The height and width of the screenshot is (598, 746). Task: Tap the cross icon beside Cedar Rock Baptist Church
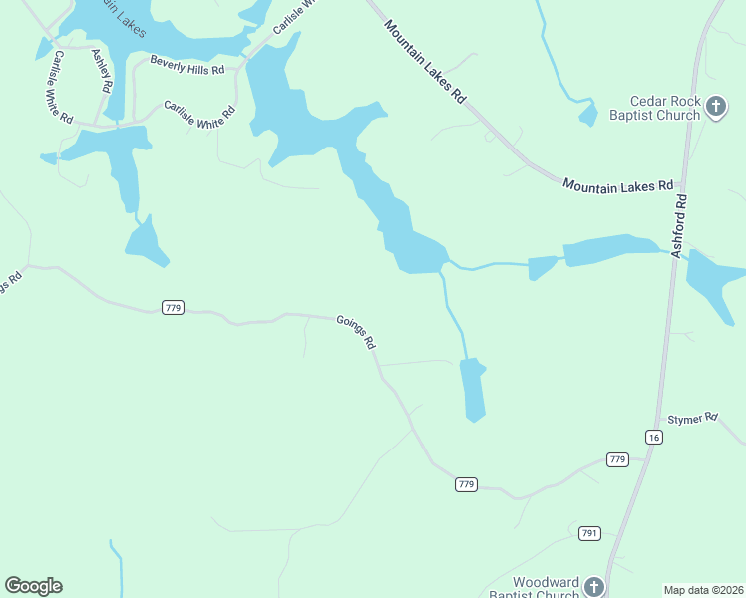[715, 107]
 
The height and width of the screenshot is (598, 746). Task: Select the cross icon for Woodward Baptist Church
[594, 587]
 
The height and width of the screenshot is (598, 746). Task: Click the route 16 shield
[653, 438]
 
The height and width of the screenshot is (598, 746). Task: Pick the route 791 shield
[589, 533]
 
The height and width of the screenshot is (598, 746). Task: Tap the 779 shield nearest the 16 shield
[617, 459]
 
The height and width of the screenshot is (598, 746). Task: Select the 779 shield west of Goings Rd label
[172, 308]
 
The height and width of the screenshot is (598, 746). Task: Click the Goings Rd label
[356, 332]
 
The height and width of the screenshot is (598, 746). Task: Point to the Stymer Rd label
[693, 420]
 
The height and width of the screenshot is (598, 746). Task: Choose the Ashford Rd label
[680, 226]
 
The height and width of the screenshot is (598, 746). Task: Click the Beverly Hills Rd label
[187, 65]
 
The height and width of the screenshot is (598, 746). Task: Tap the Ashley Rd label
[100, 71]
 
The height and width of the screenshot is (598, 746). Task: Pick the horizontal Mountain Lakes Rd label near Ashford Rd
[618, 185]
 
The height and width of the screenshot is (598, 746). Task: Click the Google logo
[33, 586]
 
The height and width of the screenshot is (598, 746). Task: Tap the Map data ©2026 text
[703, 589]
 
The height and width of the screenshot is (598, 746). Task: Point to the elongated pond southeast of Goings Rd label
[473, 389]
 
